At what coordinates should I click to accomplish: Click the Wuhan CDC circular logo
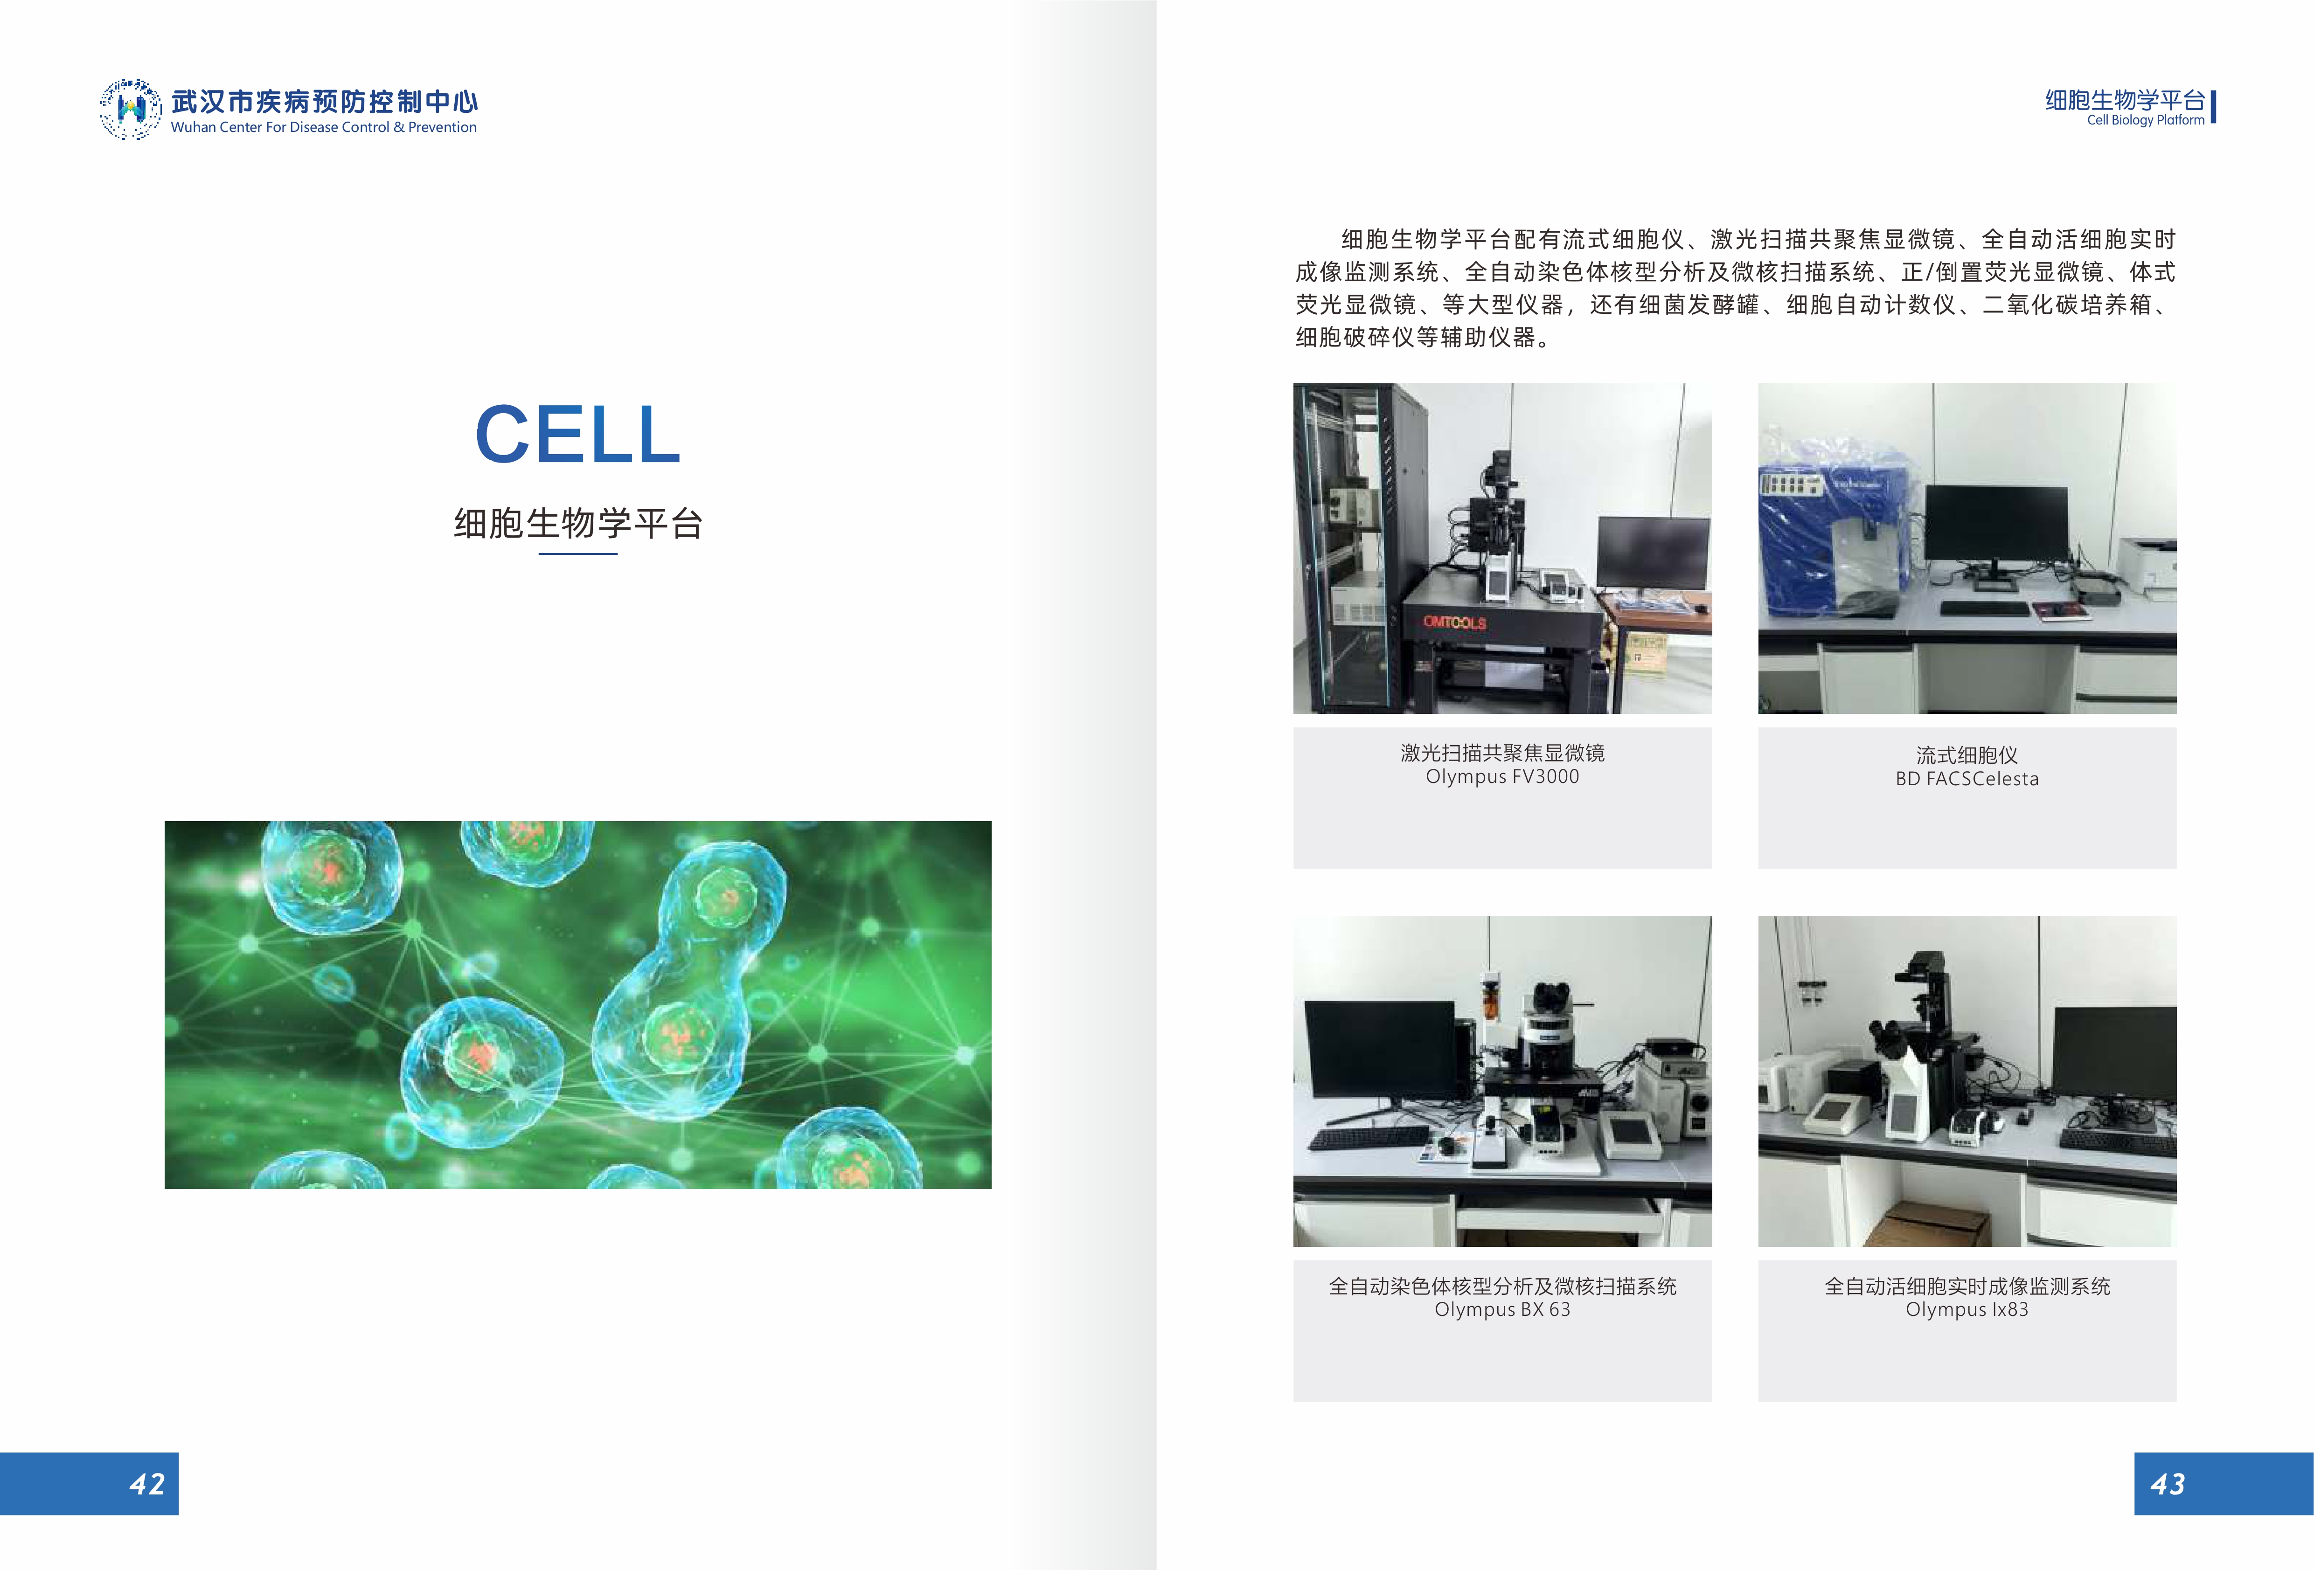point(131,109)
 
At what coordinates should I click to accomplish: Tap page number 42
point(147,1484)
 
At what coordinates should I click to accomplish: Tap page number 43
point(2168,1484)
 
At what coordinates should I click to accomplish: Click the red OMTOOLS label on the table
point(1455,622)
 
